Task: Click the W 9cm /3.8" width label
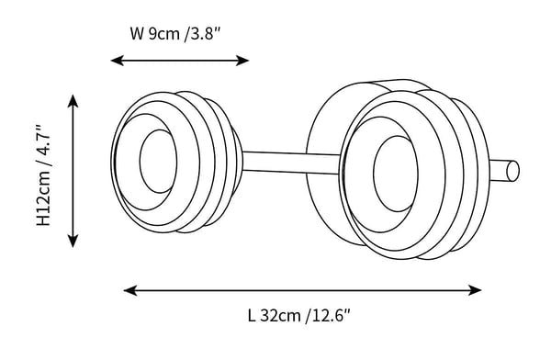[175, 35]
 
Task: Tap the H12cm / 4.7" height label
[45, 175]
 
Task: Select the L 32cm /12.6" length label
[299, 316]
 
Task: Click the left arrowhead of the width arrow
[117, 61]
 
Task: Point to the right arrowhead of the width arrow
[242, 61]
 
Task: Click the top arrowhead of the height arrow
[73, 101]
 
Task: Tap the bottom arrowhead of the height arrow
[73, 242]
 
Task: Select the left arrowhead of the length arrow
[130, 291]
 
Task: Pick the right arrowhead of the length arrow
[475, 291]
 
